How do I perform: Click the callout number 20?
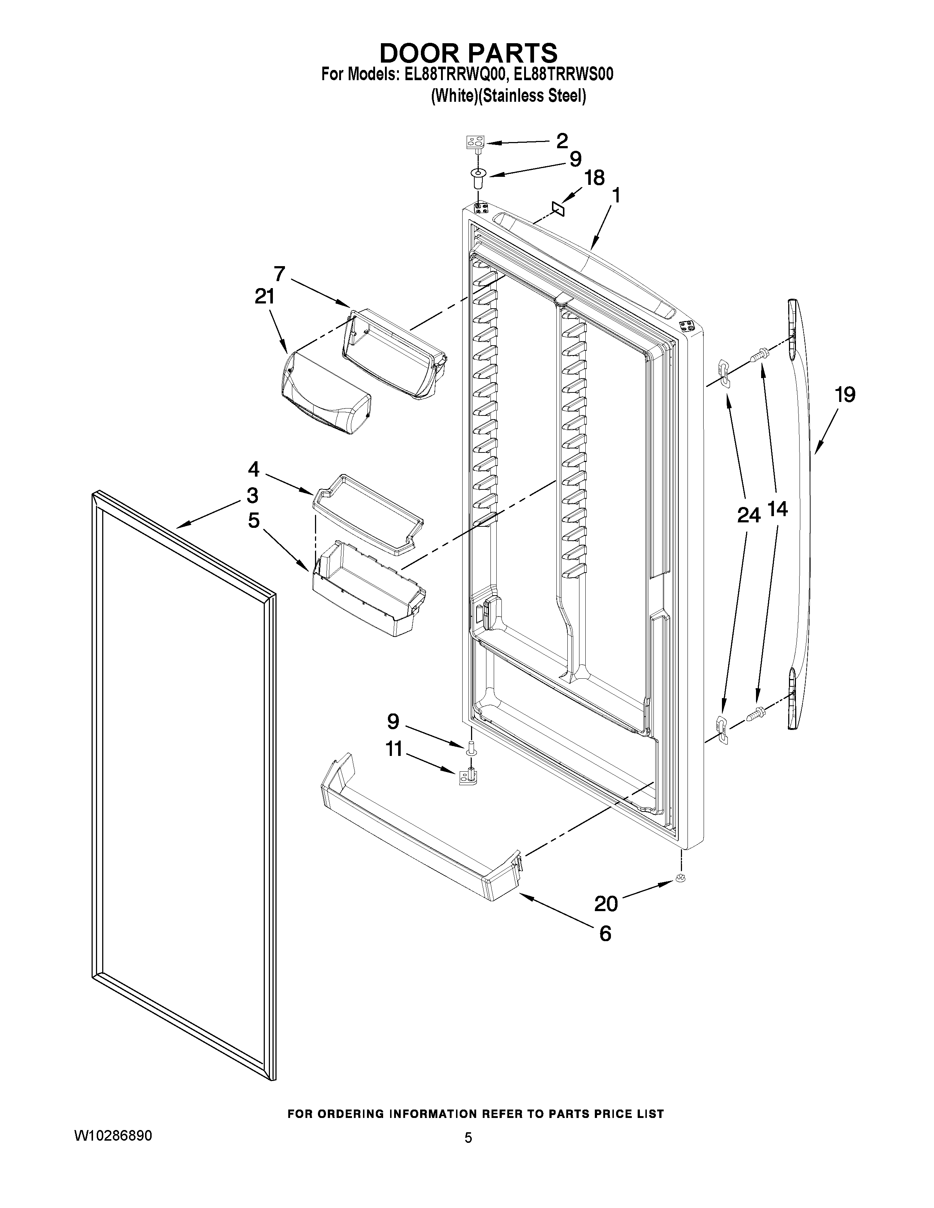coord(606,904)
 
